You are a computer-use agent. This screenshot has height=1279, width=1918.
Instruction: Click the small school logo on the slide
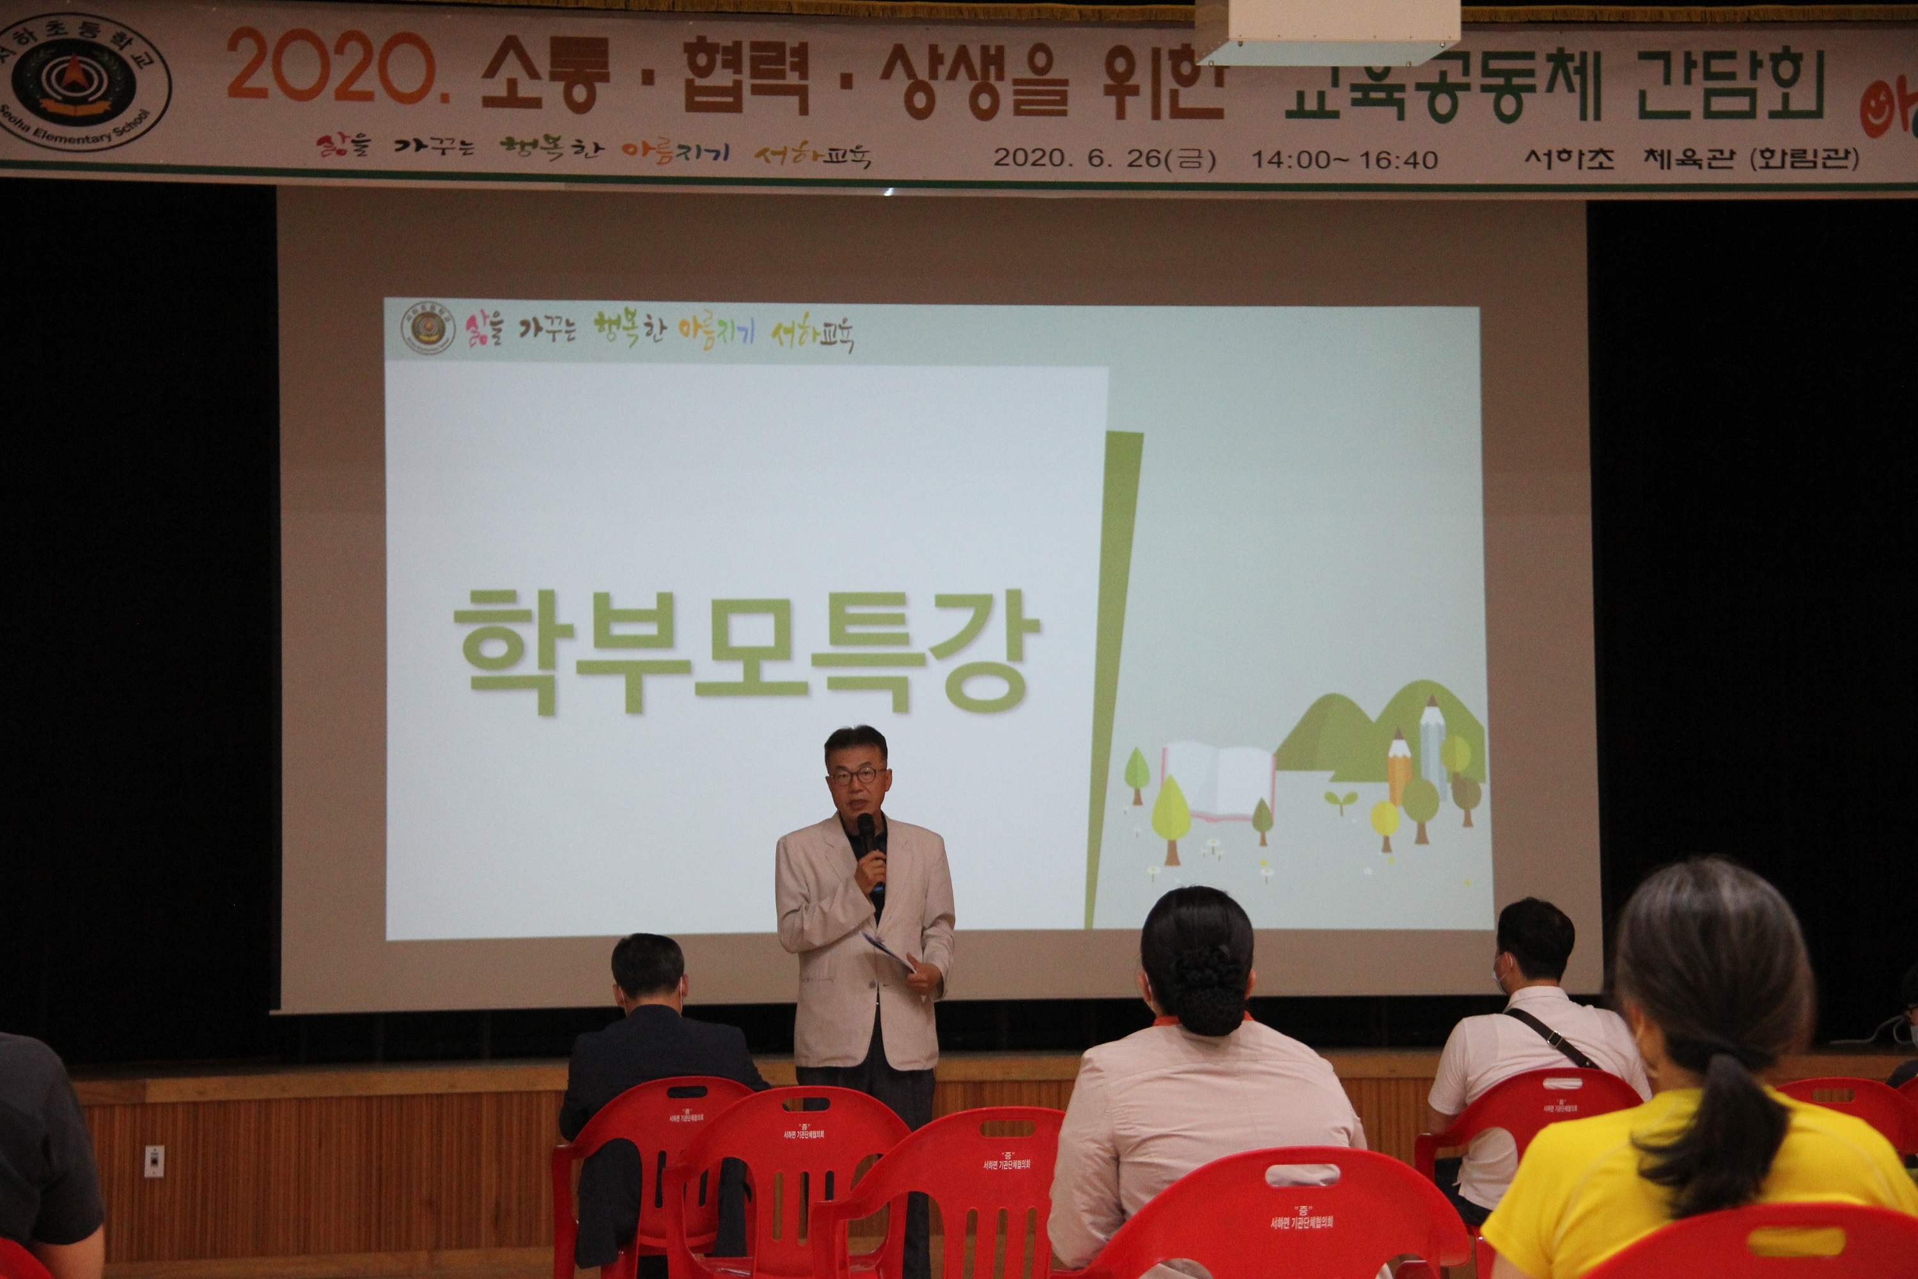pyautogui.click(x=427, y=329)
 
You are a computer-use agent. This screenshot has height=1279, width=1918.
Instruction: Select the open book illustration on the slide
pyautogui.click(x=1217, y=779)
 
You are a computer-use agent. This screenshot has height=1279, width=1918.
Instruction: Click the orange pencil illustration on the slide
pyautogui.click(x=1398, y=763)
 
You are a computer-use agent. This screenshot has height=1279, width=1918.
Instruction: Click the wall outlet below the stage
pyautogui.click(x=153, y=1161)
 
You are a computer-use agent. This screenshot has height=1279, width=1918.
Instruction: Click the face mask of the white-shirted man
pyautogui.click(x=1501, y=971)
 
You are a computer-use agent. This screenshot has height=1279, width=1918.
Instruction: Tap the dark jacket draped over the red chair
pyautogui.click(x=607, y=1199)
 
